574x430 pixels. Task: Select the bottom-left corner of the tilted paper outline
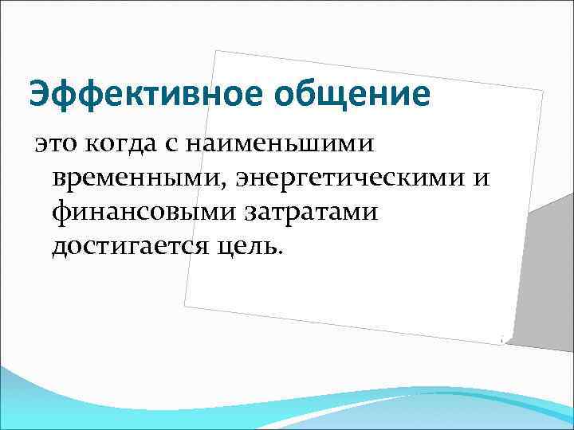(x=185, y=305)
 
